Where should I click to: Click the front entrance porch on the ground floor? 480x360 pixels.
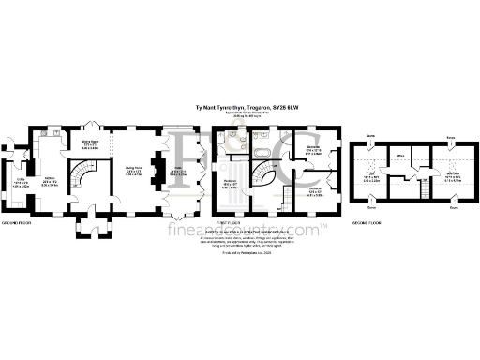[94, 228]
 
